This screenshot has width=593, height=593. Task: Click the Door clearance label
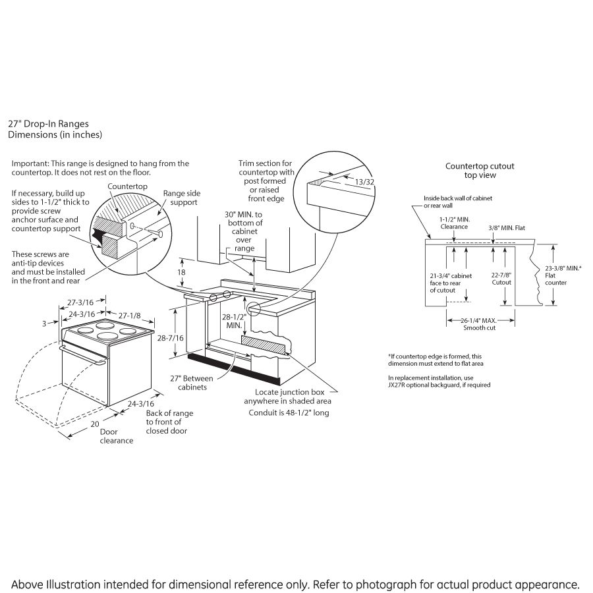116,436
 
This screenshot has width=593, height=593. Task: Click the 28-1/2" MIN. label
234,321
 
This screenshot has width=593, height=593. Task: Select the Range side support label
180,198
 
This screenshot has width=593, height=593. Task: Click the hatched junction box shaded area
264,345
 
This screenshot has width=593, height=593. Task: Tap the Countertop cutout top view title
480,171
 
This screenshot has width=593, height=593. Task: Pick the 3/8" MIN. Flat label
507,228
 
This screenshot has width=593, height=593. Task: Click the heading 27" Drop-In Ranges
48,123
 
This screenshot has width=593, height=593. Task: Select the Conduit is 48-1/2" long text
289,413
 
